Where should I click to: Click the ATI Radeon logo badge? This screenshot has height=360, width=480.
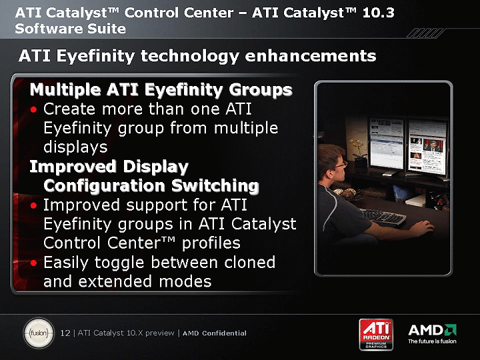click(x=376, y=334)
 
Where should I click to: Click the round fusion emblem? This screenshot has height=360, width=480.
click(x=39, y=333)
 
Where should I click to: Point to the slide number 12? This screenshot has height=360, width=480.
click(x=65, y=333)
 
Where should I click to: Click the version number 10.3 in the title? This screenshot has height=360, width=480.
click(x=379, y=13)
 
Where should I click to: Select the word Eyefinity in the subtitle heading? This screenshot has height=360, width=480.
click(x=95, y=57)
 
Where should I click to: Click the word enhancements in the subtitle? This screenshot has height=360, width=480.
click(x=311, y=56)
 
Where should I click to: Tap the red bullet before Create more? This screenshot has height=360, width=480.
click(x=34, y=109)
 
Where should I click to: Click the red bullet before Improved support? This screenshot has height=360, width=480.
click(x=34, y=205)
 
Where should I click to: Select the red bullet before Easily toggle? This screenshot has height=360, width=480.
click(x=34, y=263)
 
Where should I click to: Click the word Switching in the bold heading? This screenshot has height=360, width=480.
click(x=215, y=186)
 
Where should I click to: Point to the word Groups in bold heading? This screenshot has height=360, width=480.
click(x=261, y=90)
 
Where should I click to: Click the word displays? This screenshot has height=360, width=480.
click(x=75, y=147)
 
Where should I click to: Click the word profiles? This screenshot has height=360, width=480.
click(x=211, y=244)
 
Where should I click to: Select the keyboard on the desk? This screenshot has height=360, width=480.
click(x=384, y=217)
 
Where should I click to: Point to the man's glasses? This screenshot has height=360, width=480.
click(x=341, y=165)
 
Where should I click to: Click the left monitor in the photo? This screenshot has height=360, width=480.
click(x=386, y=145)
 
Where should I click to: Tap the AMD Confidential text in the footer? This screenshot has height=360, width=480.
click(x=215, y=333)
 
